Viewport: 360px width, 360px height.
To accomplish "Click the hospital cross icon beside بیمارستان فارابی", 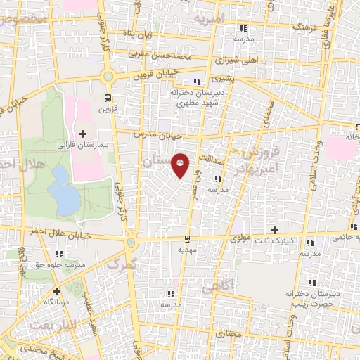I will point(83,133).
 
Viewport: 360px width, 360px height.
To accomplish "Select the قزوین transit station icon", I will point(108,98).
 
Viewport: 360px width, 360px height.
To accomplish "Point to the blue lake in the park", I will point(65,190).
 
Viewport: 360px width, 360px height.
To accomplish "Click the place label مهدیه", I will point(186,250).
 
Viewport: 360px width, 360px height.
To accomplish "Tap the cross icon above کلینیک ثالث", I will point(275,230).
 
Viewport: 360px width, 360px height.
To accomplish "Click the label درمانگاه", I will point(56,301).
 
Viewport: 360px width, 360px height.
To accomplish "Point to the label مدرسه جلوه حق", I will point(60,264).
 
